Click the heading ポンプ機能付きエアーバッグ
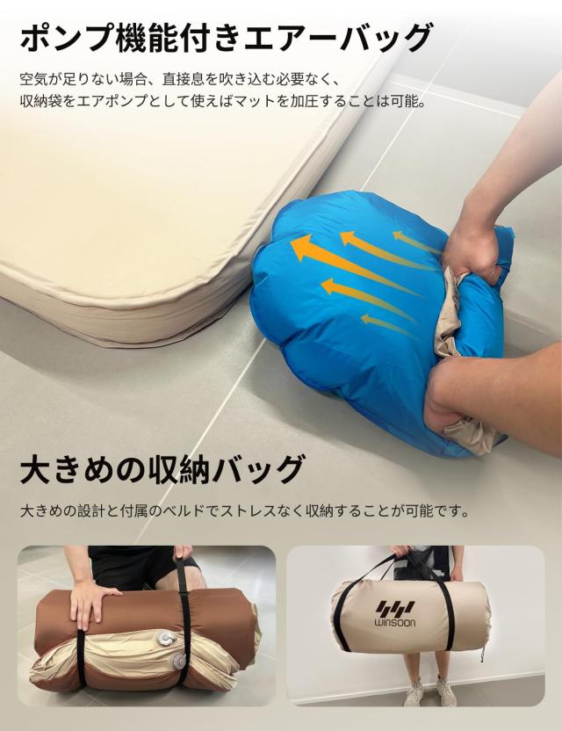coord(226,38)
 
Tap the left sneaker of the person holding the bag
coord(414,693)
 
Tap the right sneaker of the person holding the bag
coord(447,694)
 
